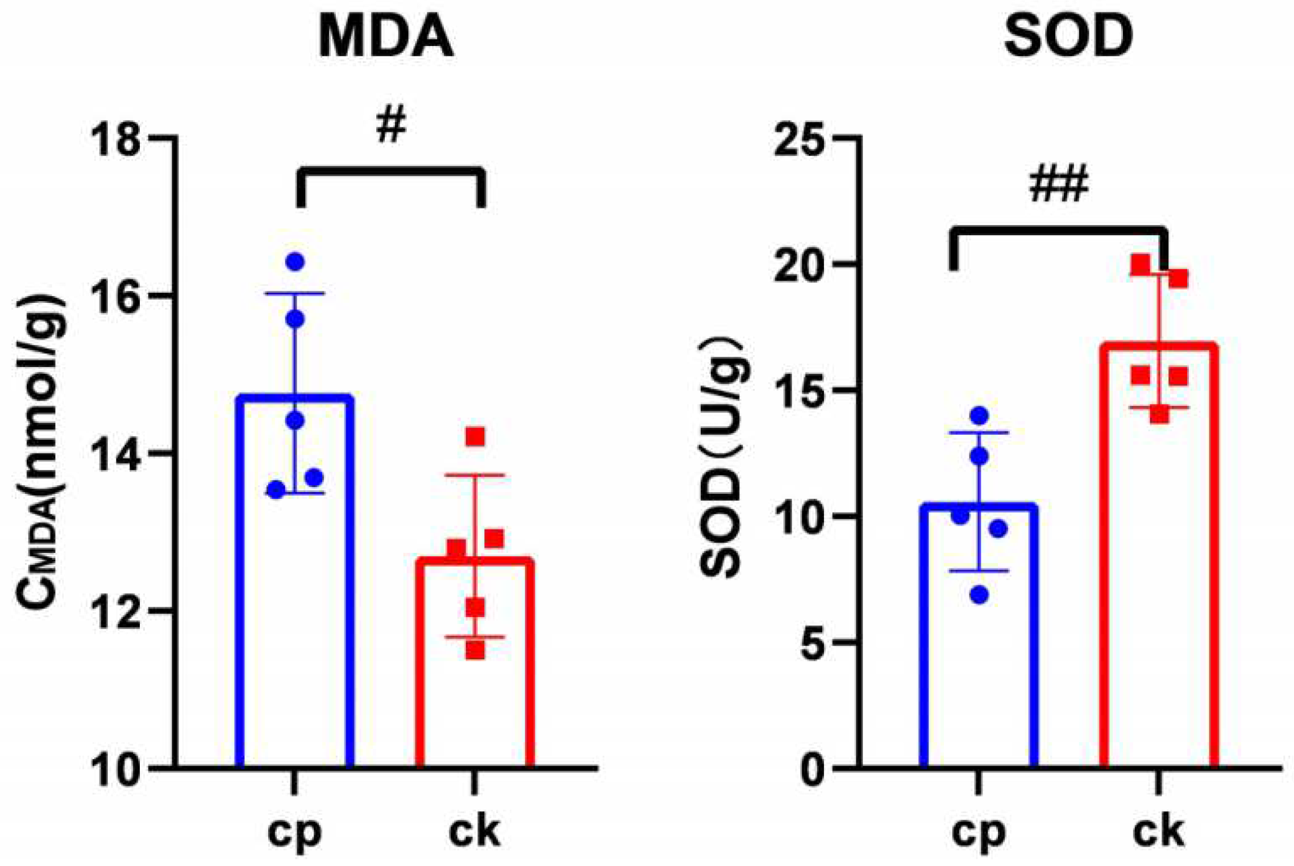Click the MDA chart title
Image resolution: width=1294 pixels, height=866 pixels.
click(x=386, y=37)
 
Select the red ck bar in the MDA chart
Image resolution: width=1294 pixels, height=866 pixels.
click(x=475, y=665)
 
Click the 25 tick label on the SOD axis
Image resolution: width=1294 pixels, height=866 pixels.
click(x=799, y=140)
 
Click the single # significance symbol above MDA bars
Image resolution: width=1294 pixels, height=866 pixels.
click(x=391, y=125)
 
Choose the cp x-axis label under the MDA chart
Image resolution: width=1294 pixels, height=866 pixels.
click(x=294, y=833)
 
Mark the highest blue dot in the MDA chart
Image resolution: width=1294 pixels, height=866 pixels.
click(x=295, y=262)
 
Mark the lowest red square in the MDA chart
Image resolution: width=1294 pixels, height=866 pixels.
click(x=475, y=650)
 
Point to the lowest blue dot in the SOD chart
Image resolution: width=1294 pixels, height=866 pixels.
click(x=979, y=596)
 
